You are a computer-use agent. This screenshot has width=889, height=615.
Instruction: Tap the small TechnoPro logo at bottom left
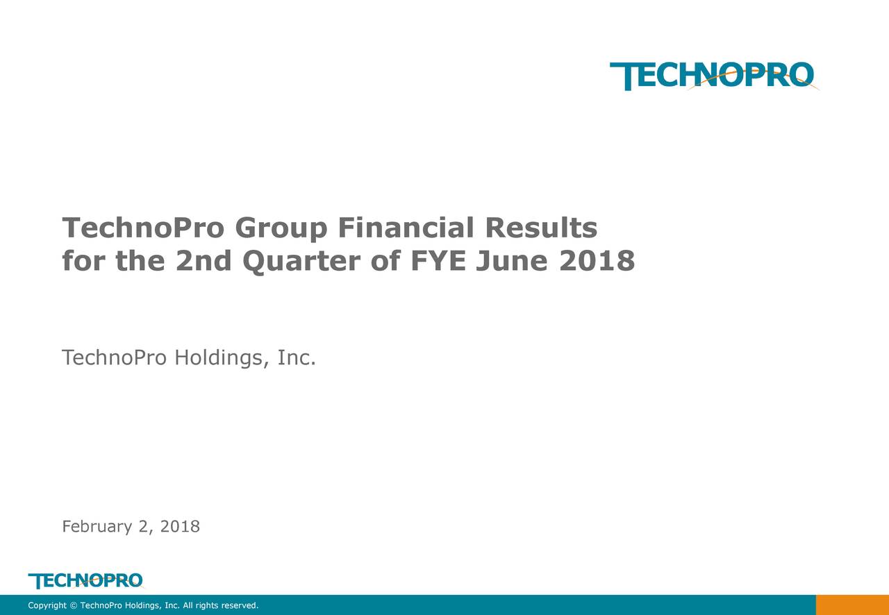[x=85, y=580]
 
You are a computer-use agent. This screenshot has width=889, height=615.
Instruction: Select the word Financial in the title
[x=406, y=228]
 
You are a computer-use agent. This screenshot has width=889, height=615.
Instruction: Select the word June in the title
[x=510, y=262]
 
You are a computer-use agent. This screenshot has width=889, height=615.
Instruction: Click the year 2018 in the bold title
[x=597, y=262]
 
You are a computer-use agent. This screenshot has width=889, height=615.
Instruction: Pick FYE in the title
[x=436, y=262]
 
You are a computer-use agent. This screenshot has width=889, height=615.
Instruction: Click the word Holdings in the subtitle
[x=222, y=359]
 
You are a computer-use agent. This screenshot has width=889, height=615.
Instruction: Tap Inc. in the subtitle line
[x=297, y=358]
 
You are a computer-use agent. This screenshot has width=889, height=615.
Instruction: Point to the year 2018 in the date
[x=180, y=527]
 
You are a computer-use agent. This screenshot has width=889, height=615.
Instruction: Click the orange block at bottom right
[x=852, y=605]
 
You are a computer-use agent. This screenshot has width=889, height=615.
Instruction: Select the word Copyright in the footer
[x=47, y=606]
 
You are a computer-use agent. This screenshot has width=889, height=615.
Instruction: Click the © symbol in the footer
[x=74, y=606]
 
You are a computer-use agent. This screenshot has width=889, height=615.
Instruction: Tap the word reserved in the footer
[x=239, y=606]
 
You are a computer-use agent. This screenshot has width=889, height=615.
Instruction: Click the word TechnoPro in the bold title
[x=143, y=228]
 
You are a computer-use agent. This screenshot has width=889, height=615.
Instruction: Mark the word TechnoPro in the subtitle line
[x=115, y=358]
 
